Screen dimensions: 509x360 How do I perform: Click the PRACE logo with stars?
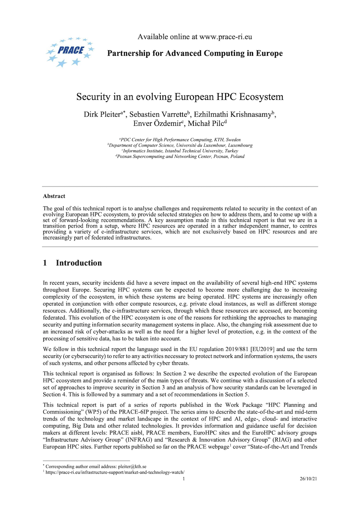tap(70, 52)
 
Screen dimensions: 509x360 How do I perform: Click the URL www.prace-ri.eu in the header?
tap(225, 37)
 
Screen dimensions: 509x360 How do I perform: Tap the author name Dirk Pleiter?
tap(102, 115)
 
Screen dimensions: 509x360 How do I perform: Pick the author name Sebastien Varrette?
tap(158, 115)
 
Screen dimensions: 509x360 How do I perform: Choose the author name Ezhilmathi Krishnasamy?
tap(233, 115)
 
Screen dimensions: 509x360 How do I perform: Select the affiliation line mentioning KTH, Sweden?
tap(180, 140)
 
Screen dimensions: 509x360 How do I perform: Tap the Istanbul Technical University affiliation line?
tap(180, 151)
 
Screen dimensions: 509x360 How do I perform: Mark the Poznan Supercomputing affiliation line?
tap(180, 156)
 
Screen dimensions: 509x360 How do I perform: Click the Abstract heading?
tap(54, 196)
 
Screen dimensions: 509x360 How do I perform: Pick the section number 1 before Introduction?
tap(45, 263)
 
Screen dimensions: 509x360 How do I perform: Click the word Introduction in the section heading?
tap(79, 263)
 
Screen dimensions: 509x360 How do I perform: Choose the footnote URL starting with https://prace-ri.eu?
tap(115, 472)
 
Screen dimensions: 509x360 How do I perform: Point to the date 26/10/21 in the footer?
tap(308, 478)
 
